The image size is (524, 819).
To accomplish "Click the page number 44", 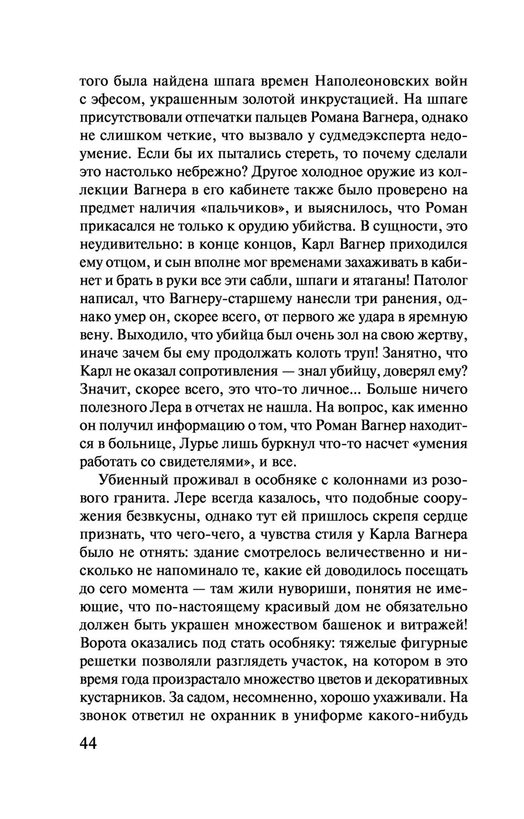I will point(89,744).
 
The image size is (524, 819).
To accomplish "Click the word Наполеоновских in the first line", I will point(372,81).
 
